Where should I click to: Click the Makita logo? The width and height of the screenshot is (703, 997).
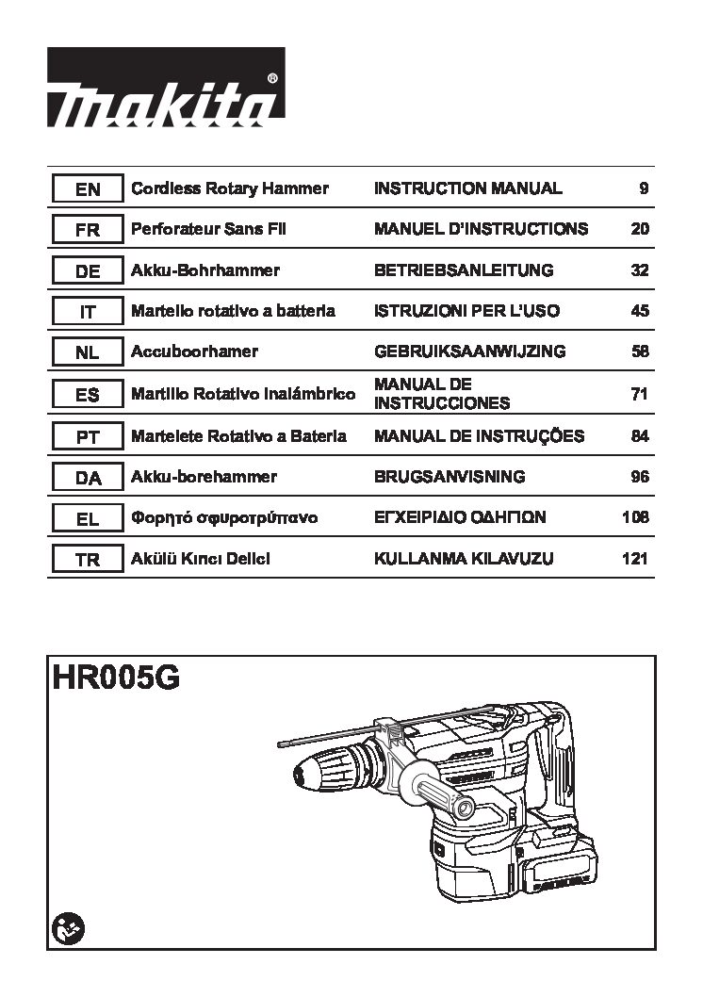[166, 87]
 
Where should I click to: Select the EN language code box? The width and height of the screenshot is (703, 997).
[87, 188]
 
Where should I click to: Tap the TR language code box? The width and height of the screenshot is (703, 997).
[87, 560]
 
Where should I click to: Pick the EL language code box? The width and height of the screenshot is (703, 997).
[87, 519]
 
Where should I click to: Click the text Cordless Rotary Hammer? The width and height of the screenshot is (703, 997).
[229, 188]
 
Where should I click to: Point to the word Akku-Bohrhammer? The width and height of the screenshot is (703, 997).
[205, 270]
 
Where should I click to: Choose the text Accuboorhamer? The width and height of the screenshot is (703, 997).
[194, 351]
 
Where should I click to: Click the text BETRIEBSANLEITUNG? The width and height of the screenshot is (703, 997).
[464, 270]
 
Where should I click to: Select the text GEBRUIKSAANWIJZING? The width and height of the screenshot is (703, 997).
[469, 351]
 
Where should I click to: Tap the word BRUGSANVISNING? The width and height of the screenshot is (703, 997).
[450, 476]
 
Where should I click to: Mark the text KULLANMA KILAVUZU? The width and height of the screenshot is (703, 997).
[464, 558]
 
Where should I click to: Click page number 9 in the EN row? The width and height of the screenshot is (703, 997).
[644, 188]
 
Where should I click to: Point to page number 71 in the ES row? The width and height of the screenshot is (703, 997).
[640, 394]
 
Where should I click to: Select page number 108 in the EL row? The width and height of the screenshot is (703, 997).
[636, 517]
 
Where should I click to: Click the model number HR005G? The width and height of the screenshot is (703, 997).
[116, 678]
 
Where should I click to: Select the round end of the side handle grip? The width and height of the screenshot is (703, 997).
[465, 809]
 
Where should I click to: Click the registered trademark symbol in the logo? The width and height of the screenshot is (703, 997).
[272, 78]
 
